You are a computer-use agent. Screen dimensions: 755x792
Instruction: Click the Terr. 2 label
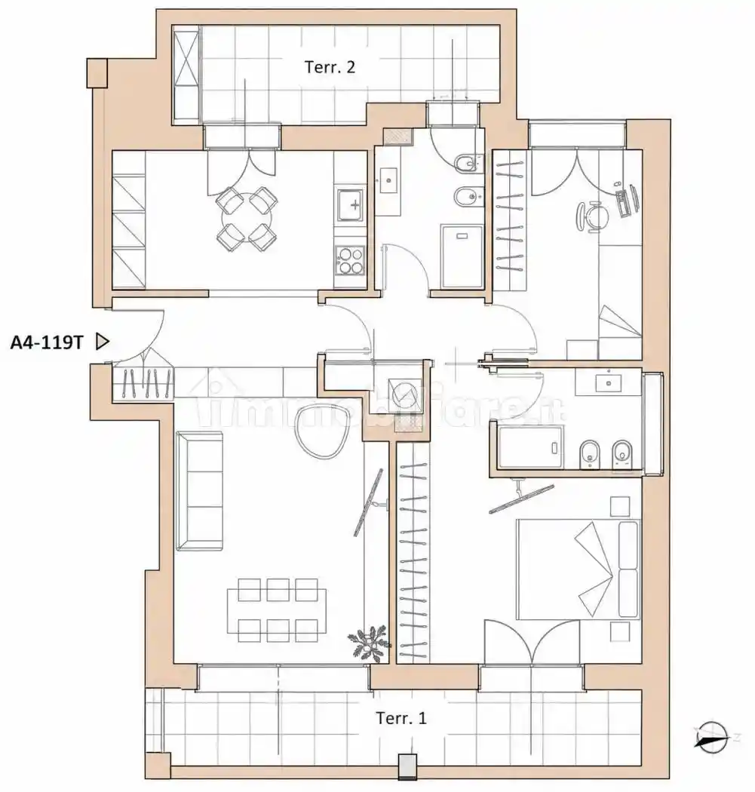tap(330, 66)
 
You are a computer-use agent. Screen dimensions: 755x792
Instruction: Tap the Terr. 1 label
tap(401, 718)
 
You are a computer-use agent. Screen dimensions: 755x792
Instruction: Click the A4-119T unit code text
tap(47, 342)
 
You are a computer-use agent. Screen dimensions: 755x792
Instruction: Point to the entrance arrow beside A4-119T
tap(103, 342)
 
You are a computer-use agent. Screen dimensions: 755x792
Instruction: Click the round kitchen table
tap(247, 219)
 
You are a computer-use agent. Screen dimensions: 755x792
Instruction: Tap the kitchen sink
tap(351, 205)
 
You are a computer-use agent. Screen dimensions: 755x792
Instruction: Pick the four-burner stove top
tap(351, 259)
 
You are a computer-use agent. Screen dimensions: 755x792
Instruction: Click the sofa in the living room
tap(199, 490)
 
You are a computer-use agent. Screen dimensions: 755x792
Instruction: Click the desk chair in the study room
tap(589, 216)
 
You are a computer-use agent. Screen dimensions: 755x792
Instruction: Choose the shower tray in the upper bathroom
tap(462, 256)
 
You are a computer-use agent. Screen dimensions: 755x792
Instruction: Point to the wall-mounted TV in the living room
tap(368, 502)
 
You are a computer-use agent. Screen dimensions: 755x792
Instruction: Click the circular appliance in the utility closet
tap(403, 393)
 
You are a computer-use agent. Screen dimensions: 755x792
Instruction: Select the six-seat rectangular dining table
tap(277, 610)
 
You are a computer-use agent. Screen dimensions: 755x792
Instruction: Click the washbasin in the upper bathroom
tap(388, 180)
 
